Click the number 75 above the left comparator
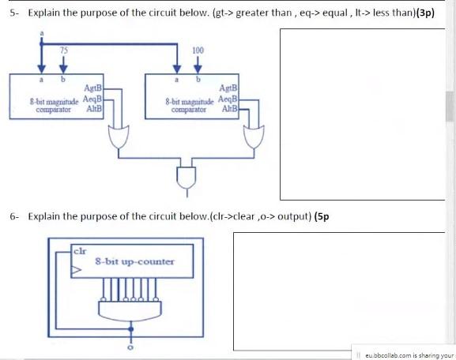[x=64, y=50]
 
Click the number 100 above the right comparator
[x=198, y=50]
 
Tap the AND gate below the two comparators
[x=187, y=177]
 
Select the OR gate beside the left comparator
[x=121, y=139]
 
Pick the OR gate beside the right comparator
[x=255, y=139]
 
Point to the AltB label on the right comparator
[x=230, y=108]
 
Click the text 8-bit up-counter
[x=134, y=261]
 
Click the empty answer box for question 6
[x=334, y=290]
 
